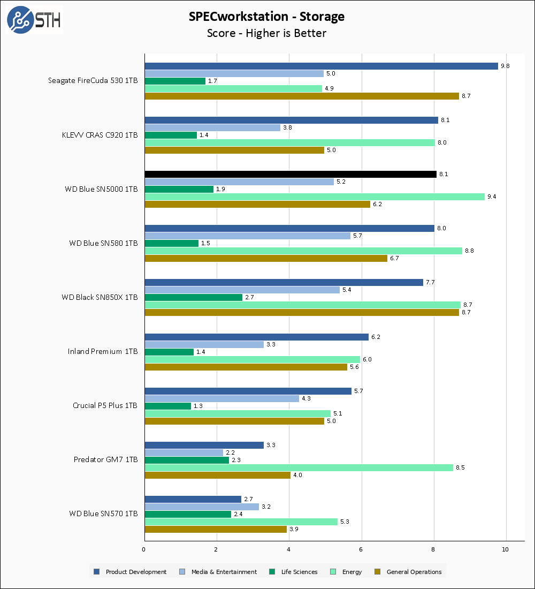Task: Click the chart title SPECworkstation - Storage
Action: [x=266, y=17]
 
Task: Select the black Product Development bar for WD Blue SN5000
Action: [x=291, y=174]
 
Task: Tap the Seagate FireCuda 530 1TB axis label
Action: [x=93, y=81]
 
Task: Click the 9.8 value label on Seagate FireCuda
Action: [x=505, y=66]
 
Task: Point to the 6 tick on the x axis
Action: [x=361, y=549]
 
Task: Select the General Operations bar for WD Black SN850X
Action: [x=302, y=312]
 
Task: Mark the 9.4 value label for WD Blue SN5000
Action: [x=492, y=197]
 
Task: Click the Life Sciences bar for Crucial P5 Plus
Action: [x=167, y=406]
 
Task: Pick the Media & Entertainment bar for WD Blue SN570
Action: [x=202, y=507]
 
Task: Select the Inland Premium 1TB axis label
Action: [x=102, y=352]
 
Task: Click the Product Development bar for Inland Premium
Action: [x=256, y=337]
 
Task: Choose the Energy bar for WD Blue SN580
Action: [x=303, y=251]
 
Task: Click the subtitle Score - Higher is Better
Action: [x=266, y=33]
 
